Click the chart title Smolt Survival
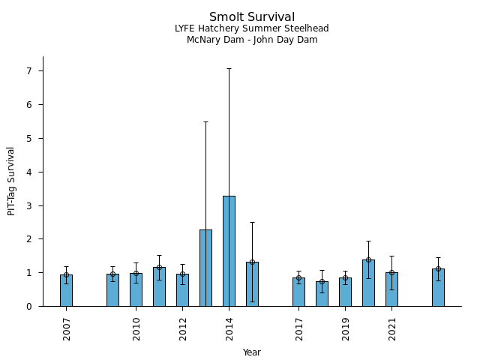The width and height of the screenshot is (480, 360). click(251, 17)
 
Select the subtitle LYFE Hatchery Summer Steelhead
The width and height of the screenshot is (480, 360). click(251, 28)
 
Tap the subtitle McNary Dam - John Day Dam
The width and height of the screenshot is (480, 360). click(251, 40)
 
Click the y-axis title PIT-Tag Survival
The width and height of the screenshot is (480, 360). click(11, 181)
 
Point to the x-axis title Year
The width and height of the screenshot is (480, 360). click(251, 352)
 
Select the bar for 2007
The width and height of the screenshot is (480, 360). click(66, 290)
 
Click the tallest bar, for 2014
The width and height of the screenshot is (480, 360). click(229, 251)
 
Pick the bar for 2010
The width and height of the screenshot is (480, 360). click(136, 289)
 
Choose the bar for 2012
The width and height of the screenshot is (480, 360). click(182, 290)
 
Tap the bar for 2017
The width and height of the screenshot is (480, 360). click(298, 292)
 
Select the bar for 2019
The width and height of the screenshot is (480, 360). click(345, 292)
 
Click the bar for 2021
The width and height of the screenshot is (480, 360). click(391, 289)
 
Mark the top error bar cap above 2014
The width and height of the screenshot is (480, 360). click(229, 69)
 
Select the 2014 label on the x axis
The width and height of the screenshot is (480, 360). click(229, 328)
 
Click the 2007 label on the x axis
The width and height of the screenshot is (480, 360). click(67, 328)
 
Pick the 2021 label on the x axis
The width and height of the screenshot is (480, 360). click(392, 328)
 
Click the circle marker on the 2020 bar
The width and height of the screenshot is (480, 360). click(368, 260)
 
